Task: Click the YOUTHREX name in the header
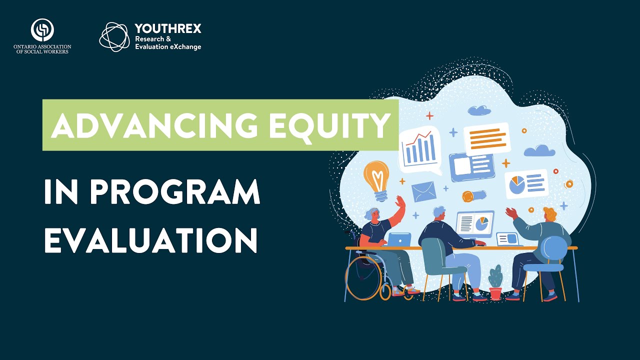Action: coord(168,29)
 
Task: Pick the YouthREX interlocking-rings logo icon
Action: coord(114,36)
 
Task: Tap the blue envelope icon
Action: coord(423,191)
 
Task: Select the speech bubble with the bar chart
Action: coord(419,148)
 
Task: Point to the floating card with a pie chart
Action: coord(526,184)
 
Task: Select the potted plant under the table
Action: coord(495,283)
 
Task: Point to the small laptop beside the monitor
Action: coord(508,238)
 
